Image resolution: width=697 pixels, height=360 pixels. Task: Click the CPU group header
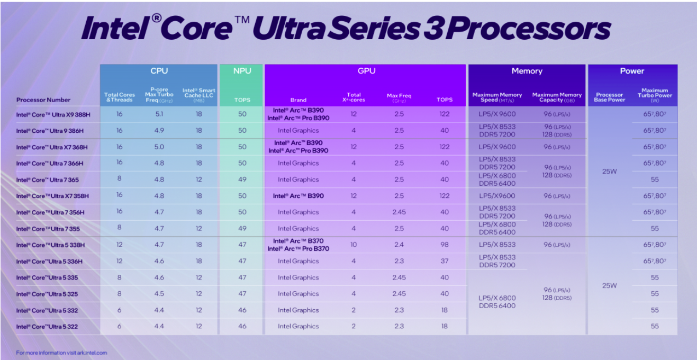click(x=159, y=71)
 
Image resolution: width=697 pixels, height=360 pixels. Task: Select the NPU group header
click(x=242, y=71)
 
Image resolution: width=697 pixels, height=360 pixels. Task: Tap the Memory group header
click(x=527, y=71)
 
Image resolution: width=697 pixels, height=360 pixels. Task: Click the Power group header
click(x=632, y=71)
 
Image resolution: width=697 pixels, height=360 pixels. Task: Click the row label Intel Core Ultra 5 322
click(x=47, y=327)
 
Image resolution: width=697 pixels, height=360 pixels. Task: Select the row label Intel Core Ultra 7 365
click(x=47, y=180)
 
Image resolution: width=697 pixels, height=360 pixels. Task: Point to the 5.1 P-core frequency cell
click(x=159, y=114)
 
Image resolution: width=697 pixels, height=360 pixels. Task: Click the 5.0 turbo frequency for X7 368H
click(x=159, y=147)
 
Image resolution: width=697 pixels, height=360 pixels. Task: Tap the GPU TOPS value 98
click(x=445, y=245)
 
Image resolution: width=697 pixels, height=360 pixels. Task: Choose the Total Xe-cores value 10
click(x=354, y=245)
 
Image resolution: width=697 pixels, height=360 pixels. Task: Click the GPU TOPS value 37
click(x=445, y=261)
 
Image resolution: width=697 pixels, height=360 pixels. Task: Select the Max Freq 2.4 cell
click(x=399, y=245)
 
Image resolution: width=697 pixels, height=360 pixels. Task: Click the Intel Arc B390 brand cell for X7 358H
click(x=298, y=196)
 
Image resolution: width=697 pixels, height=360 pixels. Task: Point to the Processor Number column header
click(x=43, y=100)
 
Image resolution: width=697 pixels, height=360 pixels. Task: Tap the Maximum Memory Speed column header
click(x=497, y=97)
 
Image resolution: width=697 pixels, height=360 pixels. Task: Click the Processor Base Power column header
click(x=610, y=97)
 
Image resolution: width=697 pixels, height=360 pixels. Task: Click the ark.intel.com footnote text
click(x=61, y=353)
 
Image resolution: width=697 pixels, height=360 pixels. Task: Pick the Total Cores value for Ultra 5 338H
click(x=120, y=245)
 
